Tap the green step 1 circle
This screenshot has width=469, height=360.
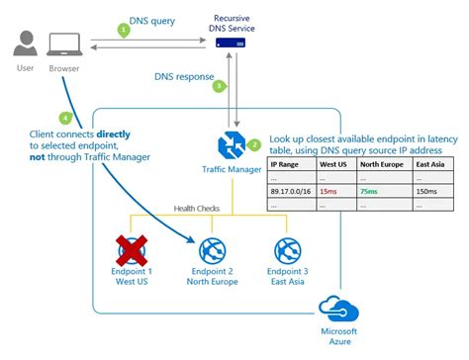click(124, 31)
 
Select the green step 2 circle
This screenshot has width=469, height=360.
click(253, 144)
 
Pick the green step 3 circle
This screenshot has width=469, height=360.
click(219, 86)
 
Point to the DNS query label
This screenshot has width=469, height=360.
click(151, 20)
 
